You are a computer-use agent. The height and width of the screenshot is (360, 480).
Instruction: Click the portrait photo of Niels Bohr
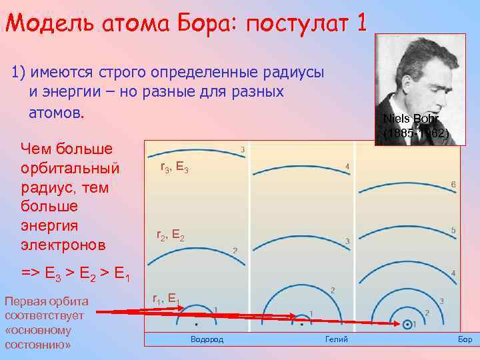click(419, 87)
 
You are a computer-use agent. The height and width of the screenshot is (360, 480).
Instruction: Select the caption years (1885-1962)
click(416, 133)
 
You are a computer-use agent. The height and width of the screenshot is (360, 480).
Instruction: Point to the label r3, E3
click(175, 169)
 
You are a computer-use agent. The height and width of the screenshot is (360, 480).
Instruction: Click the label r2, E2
click(171, 235)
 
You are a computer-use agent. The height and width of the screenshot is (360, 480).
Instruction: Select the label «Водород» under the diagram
click(207, 339)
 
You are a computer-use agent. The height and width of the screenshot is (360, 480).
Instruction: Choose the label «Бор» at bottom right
click(465, 339)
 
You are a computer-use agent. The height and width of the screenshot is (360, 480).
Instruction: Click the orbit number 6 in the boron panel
click(453, 184)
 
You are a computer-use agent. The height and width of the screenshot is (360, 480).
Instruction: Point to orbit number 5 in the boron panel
click(453, 231)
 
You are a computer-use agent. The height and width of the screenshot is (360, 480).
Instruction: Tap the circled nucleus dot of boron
click(407, 324)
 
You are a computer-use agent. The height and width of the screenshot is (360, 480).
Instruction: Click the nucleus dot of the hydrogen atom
click(197, 324)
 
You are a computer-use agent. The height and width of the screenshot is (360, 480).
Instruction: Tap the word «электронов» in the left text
click(63, 245)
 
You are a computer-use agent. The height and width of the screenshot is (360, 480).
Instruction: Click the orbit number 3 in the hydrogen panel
click(242, 149)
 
